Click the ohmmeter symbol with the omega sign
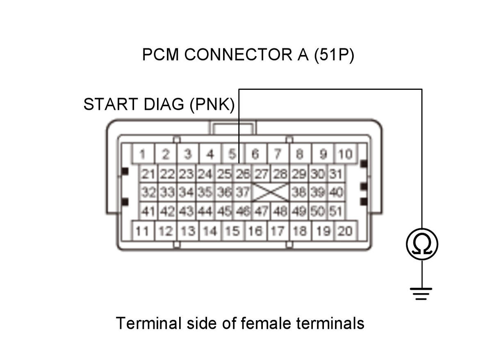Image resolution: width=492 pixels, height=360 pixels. pyautogui.click(x=422, y=244)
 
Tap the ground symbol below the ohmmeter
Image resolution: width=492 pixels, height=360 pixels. pyautogui.click(x=421, y=294)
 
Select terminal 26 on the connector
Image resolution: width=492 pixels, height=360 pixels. pyautogui.click(x=243, y=174)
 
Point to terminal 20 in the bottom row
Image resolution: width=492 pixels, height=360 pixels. pyautogui.click(x=346, y=231)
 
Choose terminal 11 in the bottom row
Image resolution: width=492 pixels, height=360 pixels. pyautogui.click(x=143, y=231)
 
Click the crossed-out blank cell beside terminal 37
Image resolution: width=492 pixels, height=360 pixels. pyautogui.click(x=271, y=192)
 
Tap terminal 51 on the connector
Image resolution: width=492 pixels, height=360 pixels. pyautogui.click(x=336, y=211)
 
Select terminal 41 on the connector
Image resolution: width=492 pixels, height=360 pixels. pyautogui.click(x=148, y=211)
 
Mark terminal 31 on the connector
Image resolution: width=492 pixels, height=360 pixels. pyautogui.click(x=336, y=174)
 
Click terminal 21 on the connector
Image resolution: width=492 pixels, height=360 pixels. pyautogui.click(x=148, y=174)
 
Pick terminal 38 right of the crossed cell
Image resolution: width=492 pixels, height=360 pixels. pyautogui.click(x=299, y=192)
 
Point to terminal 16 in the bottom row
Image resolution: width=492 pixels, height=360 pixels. pyautogui.click(x=256, y=231)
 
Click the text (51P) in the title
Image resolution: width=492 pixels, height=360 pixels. pyautogui.click(x=334, y=55)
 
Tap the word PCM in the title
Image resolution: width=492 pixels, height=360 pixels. pyautogui.click(x=161, y=55)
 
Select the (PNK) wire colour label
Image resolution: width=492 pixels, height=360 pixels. pyautogui.click(x=212, y=104)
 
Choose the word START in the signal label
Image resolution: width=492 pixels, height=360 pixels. pyautogui.click(x=111, y=104)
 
